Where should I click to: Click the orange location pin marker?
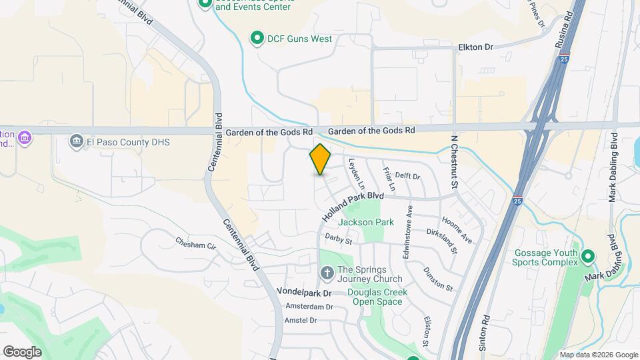[321, 160]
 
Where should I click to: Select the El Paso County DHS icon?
[77, 141]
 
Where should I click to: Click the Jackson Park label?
[366, 222]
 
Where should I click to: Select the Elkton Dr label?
[475, 47]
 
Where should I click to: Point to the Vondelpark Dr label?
[303, 293]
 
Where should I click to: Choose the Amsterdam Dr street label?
[309, 307]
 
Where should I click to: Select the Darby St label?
[338, 238]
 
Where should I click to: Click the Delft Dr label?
[407, 177]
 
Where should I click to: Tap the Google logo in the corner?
[22, 351]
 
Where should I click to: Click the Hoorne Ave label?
[457, 228]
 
